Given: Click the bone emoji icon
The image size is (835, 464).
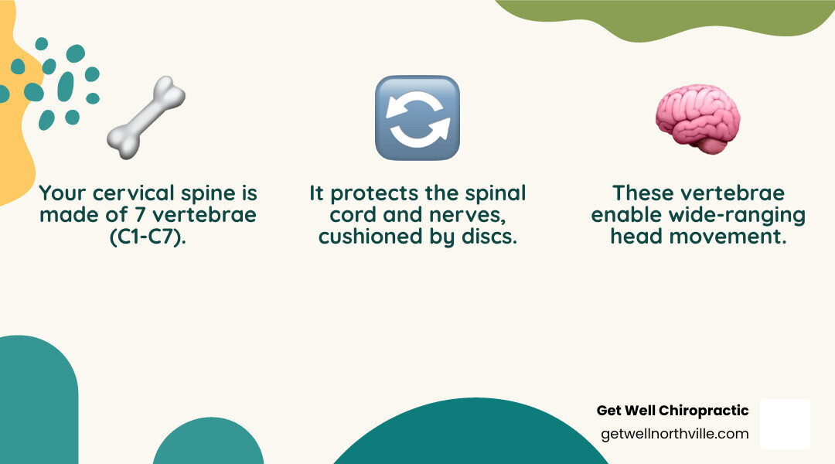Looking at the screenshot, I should coord(146,113).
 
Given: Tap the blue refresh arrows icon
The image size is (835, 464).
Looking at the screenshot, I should coord(417,118).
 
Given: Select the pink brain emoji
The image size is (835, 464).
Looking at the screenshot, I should coord(697,118).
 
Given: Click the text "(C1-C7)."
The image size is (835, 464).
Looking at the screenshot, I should coord(148,236).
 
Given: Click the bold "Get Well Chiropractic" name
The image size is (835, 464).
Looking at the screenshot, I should coord(673,411).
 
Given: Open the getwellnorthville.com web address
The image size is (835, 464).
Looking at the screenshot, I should coord(674,434).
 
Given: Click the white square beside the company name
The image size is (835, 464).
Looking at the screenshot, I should coord(785,424).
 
